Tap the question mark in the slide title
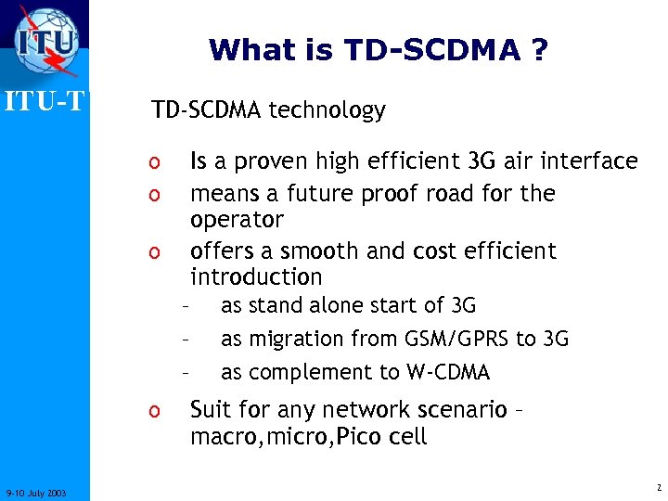539,50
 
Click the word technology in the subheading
327,111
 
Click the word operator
237,221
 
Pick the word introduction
256,277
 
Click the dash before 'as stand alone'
186,305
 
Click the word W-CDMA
447,373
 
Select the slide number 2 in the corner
656,488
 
